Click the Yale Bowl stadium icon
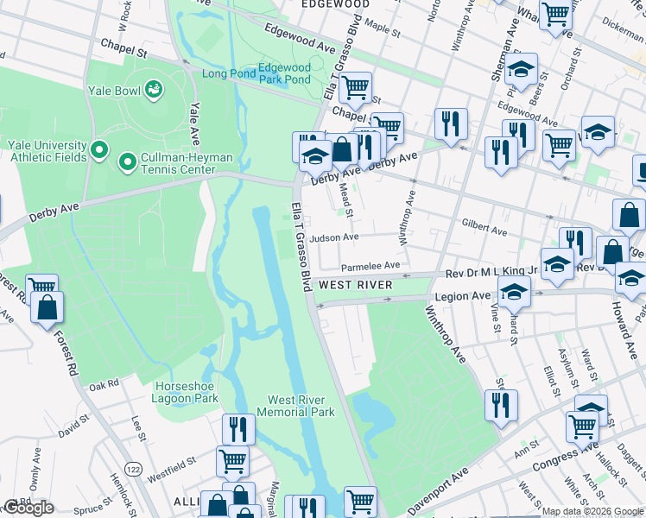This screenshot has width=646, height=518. [x=154, y=89]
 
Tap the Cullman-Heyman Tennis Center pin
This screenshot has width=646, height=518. [x=128, y=161]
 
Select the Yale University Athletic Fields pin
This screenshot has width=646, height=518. [x=99, y=151]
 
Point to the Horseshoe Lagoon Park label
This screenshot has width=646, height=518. [x=187, y=391]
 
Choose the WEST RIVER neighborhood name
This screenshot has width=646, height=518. [x=356, y=285]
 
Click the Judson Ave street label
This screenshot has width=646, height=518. [x=334, y=237]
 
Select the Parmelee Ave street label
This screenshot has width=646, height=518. [x=370, y=266]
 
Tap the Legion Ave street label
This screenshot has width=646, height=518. [x=466, y=296]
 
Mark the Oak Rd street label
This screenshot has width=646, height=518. [x=102, y=384]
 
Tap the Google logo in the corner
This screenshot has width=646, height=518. [x=28, y=508]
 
